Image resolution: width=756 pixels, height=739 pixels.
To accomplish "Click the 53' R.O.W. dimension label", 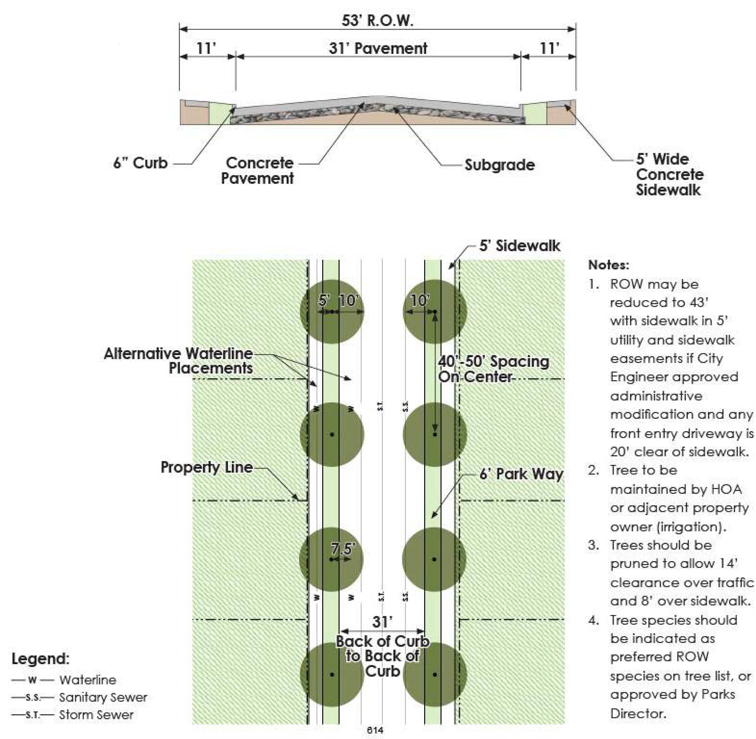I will click(377, 21).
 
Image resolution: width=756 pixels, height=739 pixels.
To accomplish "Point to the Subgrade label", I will click(500, 165).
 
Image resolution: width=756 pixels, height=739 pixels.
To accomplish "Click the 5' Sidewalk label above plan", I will click(520, 246).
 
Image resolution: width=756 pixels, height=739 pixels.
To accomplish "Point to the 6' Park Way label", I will click(521, 474).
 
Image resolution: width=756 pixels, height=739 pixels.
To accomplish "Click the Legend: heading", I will click(40, 659).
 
